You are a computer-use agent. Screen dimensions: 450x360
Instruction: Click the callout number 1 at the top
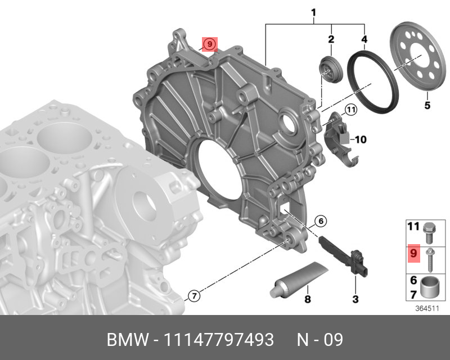(314, 12)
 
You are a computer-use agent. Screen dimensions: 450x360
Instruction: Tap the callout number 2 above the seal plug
(331, 39)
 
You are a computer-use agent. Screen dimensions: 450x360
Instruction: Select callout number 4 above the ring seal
(364, 39)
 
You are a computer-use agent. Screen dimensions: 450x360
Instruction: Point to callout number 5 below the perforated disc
(427, 105)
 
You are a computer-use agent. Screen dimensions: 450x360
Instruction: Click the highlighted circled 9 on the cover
(209, 44)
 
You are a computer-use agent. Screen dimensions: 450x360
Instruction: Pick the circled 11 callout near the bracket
(350, 110)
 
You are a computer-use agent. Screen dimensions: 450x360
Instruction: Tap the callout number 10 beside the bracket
(361, 139)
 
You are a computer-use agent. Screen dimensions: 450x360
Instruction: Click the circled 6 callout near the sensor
(321, 220)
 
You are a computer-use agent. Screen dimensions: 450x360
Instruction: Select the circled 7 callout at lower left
(194, 295)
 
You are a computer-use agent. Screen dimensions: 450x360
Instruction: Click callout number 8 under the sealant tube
(307, 299)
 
